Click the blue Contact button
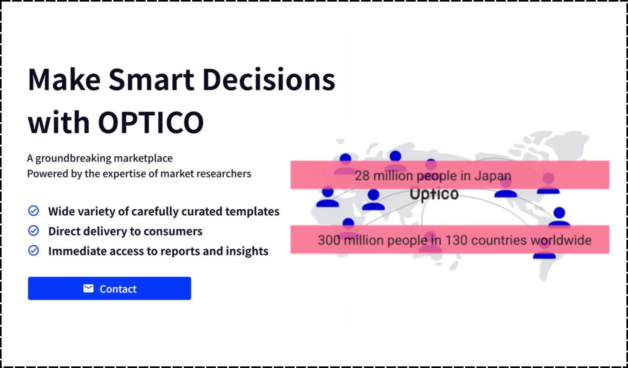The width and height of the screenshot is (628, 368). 109,288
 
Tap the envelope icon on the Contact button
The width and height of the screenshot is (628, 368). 88,288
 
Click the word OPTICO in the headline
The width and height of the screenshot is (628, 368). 151,122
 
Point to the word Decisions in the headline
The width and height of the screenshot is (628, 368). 269,80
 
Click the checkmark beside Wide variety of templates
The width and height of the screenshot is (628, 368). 33,211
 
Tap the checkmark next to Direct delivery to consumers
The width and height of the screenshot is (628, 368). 33,231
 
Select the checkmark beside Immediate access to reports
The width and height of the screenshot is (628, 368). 33,250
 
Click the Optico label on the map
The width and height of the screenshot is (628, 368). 434,194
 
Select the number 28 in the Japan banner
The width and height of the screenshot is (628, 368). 362,176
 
